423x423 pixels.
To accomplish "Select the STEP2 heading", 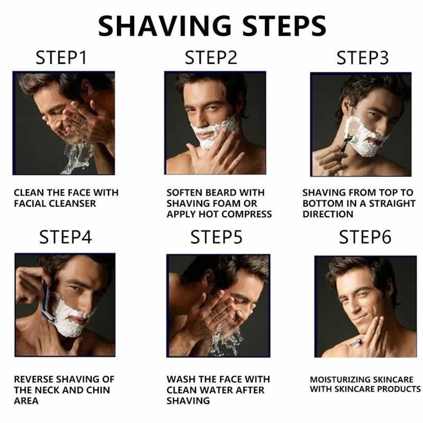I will tap(211, 58).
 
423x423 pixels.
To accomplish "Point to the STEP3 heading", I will tap(362, 58).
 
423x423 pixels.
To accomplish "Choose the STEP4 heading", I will tap(65, 237).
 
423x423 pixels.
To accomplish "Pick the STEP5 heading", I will tap(216, 237).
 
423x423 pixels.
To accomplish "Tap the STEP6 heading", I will tap(365, 237).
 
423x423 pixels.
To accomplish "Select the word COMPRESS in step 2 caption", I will tap(247, 214).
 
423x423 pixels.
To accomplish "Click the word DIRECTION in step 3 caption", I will tap(327, 214).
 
